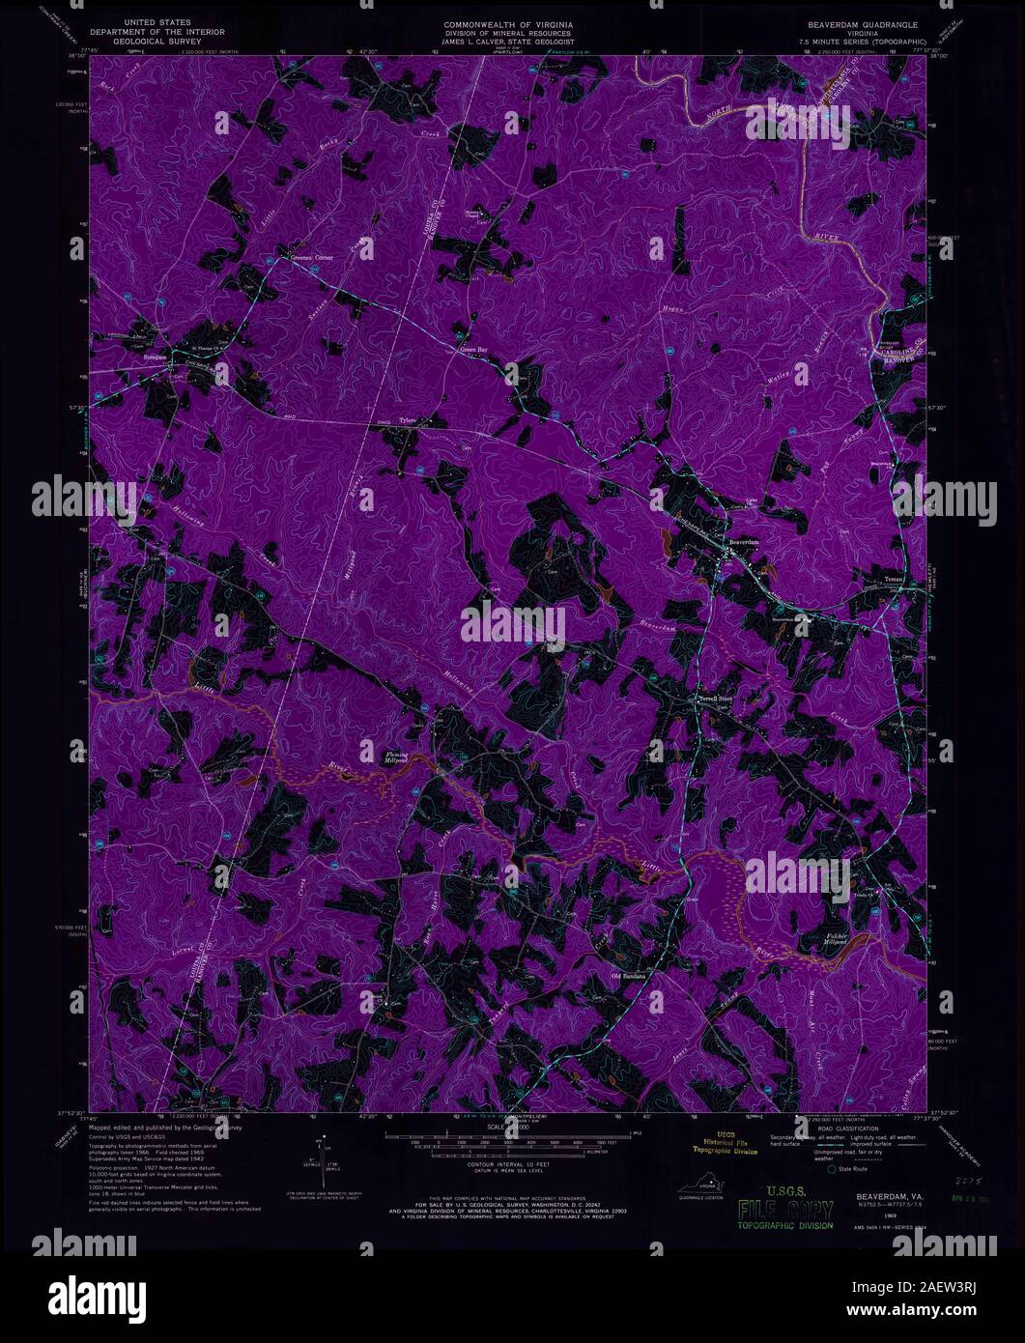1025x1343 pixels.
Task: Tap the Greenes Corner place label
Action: click(311, 257)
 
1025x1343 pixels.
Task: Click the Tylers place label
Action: click(408, 421)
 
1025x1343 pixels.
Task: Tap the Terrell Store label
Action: click(717, 700)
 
